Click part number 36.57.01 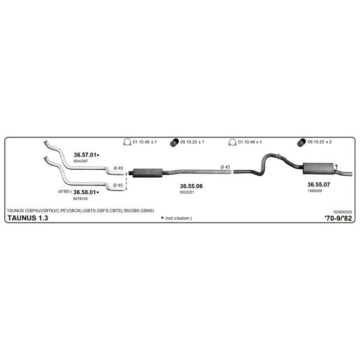(85, 155)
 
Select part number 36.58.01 (85, 192)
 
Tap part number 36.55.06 (191, 186)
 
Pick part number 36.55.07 (319, 185)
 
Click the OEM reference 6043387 (81, 161)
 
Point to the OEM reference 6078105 (80, 199)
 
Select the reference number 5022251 (187, 193)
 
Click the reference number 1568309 (315, 191)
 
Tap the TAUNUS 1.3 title (28, 218)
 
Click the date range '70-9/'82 (338, 218)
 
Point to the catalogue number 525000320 (343, 212)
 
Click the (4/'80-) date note (65, 191)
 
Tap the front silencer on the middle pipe (148, 173)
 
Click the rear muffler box (318, 169)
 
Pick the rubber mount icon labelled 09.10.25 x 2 (301, 143)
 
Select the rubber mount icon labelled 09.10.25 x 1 (175, 143)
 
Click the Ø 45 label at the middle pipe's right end (225, 167)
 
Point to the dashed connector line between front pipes (126, 182)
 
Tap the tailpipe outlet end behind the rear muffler (350, 174)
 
